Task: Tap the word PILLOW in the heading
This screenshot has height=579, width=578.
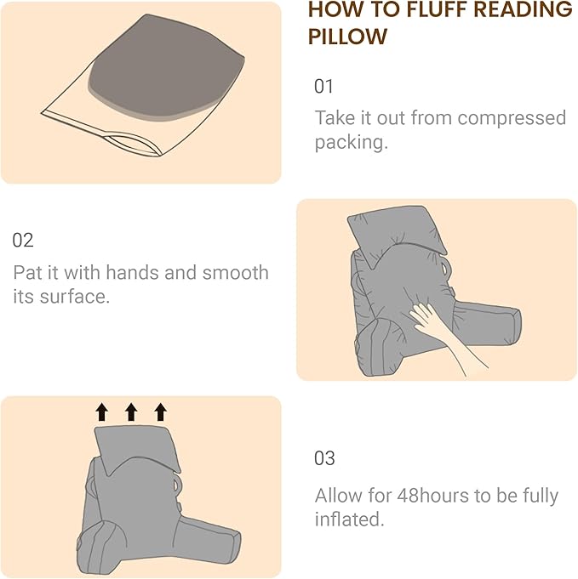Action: [x=347, y=37]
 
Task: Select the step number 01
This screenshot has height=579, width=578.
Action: [x=324, y=86]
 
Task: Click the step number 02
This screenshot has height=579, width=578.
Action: [x=23, y=241]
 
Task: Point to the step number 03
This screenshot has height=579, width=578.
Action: [x=324, y=458]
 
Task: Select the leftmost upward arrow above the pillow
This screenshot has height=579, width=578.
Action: [x=102, y=412]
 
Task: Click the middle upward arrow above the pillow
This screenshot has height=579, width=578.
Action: [x=131, y=412]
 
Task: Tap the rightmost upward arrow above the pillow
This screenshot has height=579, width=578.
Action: [x=160, y=412]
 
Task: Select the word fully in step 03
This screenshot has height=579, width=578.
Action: [x=536, y=496]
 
